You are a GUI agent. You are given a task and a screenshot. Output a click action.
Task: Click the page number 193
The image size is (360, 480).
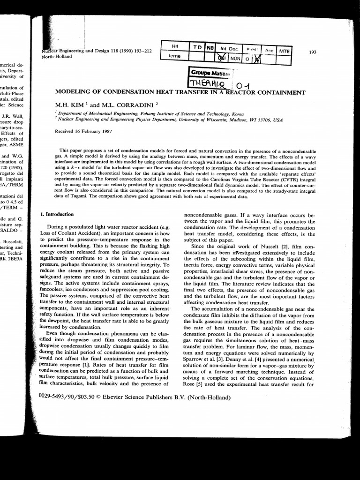pos(313,52)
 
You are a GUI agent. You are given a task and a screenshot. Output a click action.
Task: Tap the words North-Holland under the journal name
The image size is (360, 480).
pos(57,56)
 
